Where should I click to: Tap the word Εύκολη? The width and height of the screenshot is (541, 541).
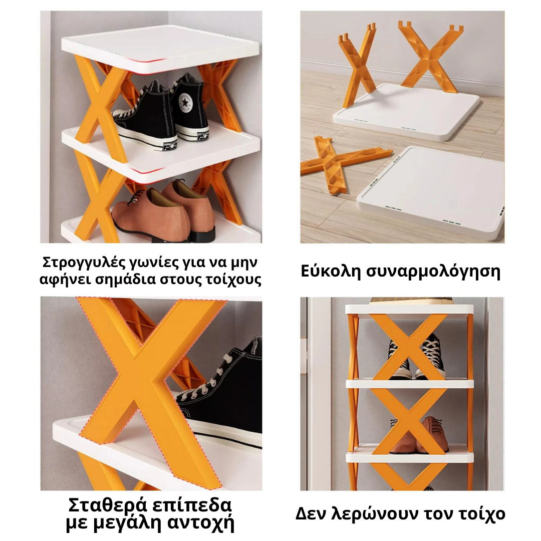click(331, 271)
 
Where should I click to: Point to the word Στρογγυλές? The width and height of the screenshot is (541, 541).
click(82, 262)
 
